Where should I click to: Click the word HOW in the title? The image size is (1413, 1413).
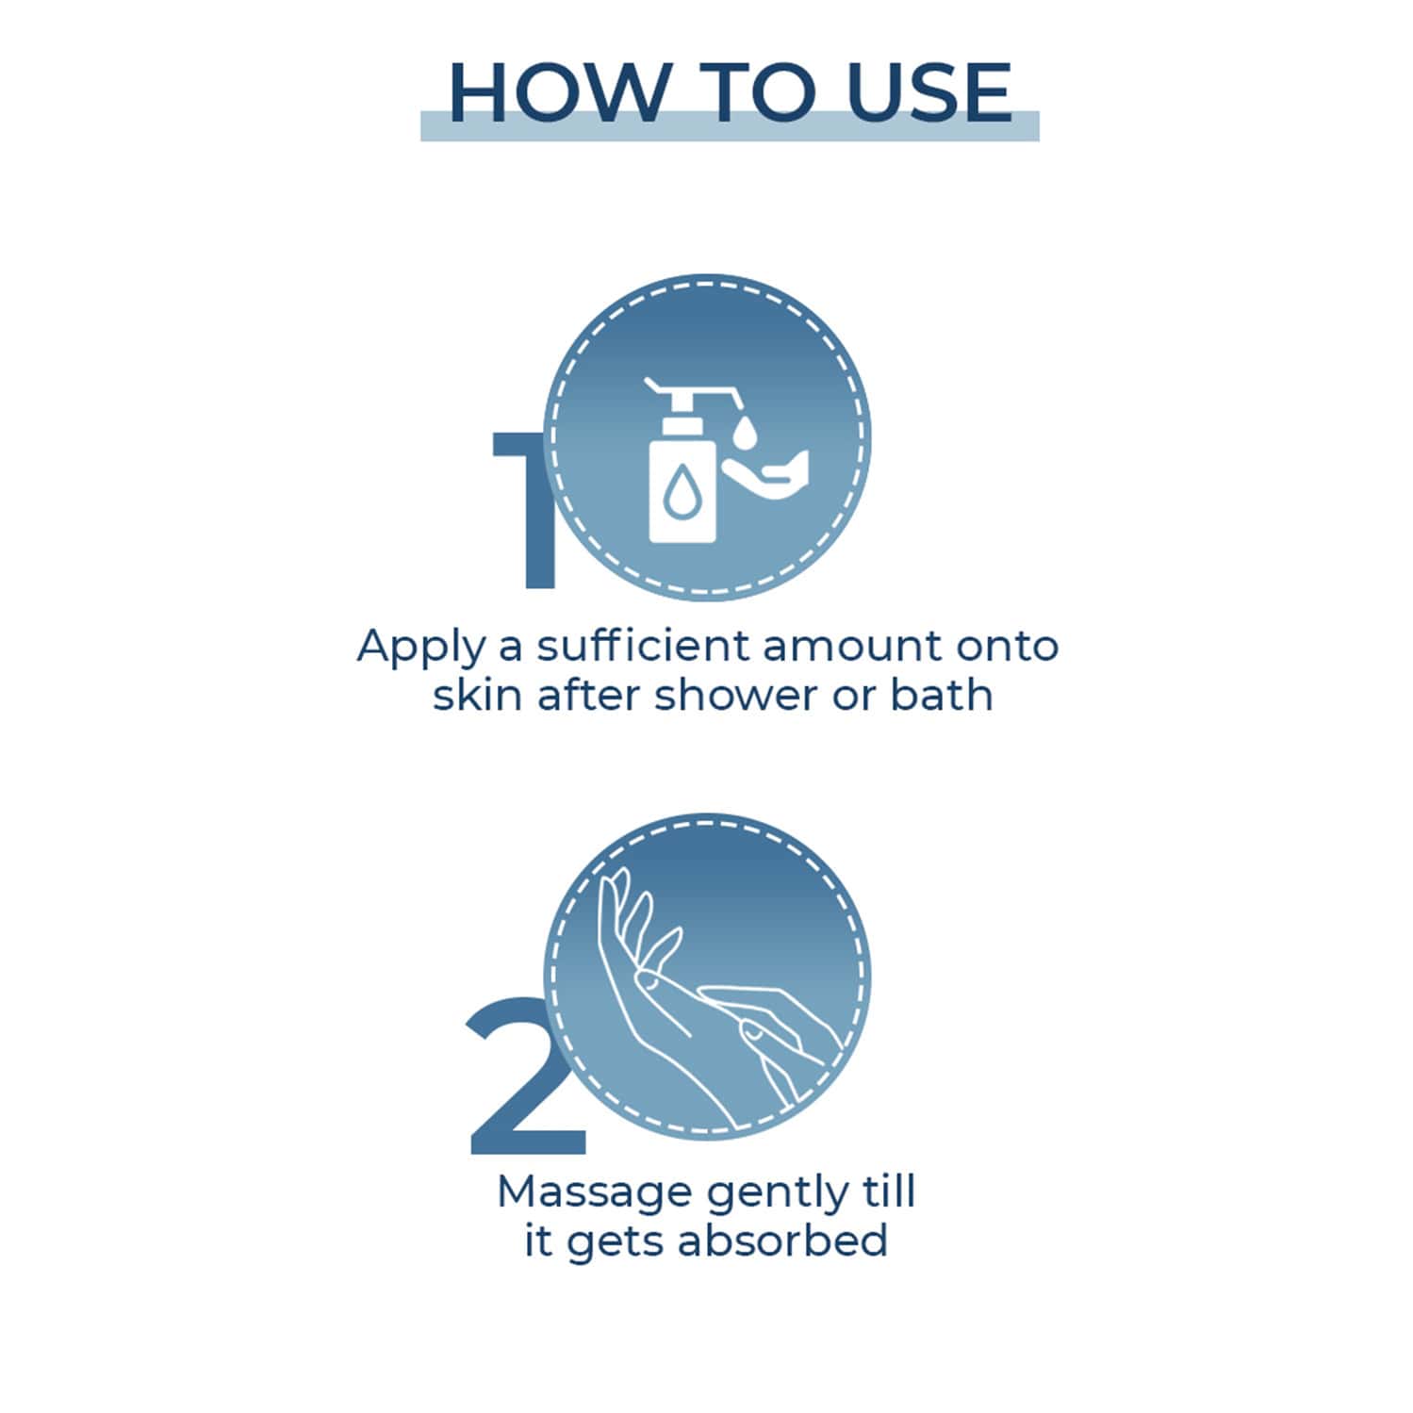click(x=556, y=92)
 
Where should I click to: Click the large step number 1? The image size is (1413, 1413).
click(x=528, y=510)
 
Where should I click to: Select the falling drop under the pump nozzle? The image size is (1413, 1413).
click(x=745, y=432)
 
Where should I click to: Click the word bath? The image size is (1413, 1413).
click(x=942, y=696)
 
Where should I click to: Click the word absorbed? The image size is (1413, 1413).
click(x=782, y=1240)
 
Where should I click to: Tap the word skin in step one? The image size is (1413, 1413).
click(x=477, y=696)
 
